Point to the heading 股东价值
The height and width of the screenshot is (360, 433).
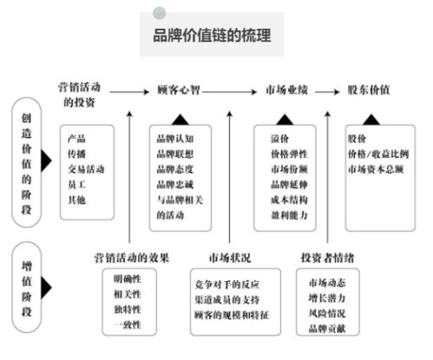[x=368, y=89]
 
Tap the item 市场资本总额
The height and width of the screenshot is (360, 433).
[x=375, y=167]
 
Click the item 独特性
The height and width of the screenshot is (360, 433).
[x=127, y=310]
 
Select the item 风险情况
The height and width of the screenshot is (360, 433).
[x=326, y=311]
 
